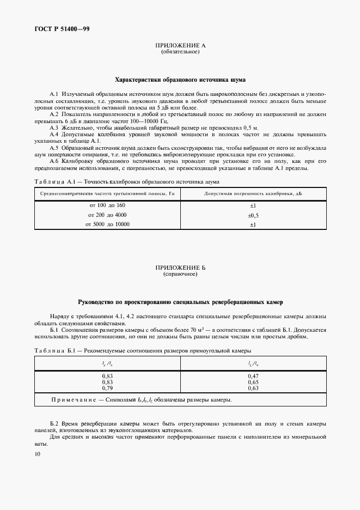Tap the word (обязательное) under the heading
(x=180, y=52)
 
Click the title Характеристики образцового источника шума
(x=180, y=79)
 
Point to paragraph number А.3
(x=54, y=126)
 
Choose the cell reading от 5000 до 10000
(x=107, y=224)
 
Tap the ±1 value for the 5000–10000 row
(x=253, y=224)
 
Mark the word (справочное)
(x=180, y=274)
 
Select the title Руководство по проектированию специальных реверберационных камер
(x=180, y=301)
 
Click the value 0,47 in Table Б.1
(x=253, y=377)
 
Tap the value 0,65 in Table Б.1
(x=253, y=382)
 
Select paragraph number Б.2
(x=54, y=424)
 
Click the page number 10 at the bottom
(x=37, y=453)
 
